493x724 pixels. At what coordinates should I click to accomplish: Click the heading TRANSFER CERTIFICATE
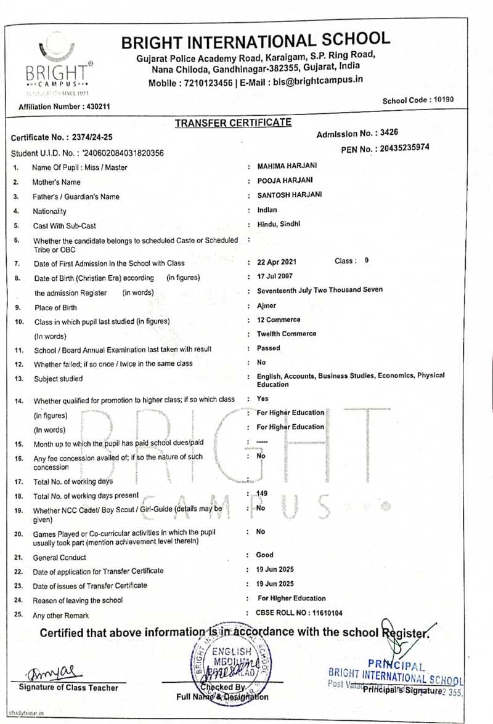click(x=233, y=123)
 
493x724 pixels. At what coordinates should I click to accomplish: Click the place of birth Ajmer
click(x=267, y=306)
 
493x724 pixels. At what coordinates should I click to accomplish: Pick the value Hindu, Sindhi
click(x=279, y=224)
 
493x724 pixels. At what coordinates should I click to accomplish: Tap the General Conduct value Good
click(x=265, y=555)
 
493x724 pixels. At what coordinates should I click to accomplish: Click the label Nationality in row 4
click(x=50, y=211)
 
